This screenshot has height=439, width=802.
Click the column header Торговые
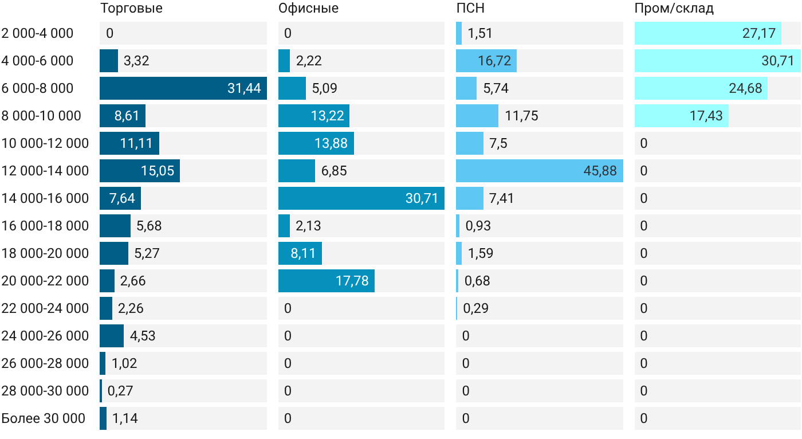(131, 8)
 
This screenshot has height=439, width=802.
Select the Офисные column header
(308, 8)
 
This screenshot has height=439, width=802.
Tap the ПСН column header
(470, 8)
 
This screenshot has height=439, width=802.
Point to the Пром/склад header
(674, 8)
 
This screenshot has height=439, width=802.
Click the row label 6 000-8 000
(37, 88)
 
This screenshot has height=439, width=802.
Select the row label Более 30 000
(44, 418)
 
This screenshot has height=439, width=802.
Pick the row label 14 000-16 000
(45, 198)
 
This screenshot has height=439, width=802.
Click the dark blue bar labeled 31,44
(183, 88)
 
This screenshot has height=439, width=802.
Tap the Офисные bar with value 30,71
(361, 198)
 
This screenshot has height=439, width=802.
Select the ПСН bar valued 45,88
(540, 171)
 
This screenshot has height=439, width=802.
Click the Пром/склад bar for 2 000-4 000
(708, 33)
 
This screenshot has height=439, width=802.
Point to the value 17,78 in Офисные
(352, 281)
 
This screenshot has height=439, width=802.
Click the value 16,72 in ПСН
(494, 61)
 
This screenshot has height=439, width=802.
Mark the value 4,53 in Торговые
(143, 336)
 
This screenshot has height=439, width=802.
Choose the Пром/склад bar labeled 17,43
(682, 116)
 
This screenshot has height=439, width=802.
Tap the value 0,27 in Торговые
(120, 391)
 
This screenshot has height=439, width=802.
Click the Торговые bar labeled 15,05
(140, 171)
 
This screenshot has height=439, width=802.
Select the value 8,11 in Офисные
(303, 253)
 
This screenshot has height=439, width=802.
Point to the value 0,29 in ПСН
(476, 308)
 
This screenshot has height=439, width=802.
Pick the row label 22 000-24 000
(45, 308)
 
